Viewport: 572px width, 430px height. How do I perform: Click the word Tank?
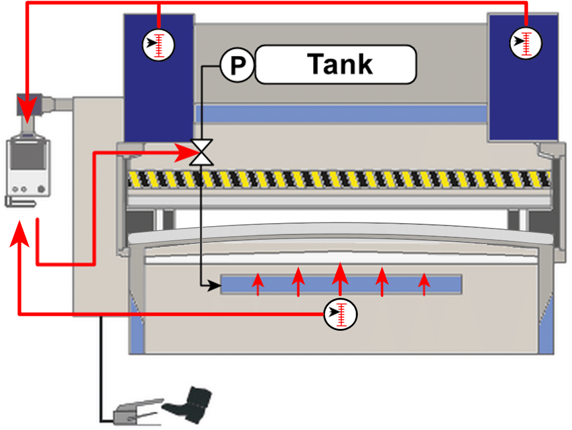coord(340,64)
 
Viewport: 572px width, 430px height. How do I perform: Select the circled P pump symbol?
coord(238,65)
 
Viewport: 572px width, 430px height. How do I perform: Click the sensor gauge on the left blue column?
coord(159,44)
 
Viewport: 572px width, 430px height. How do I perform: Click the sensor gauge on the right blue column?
coord(525,43)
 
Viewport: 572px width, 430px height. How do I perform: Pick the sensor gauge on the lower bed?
coord(340,313)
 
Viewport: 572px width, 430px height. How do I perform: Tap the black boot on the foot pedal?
coord(190,401)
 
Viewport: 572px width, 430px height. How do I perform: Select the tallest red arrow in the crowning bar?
coord(340,277)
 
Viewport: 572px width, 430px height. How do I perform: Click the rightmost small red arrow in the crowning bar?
coord(424,284)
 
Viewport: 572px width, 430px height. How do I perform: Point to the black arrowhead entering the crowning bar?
coord(214,286)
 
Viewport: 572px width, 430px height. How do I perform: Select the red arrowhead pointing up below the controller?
coord(20,235)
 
